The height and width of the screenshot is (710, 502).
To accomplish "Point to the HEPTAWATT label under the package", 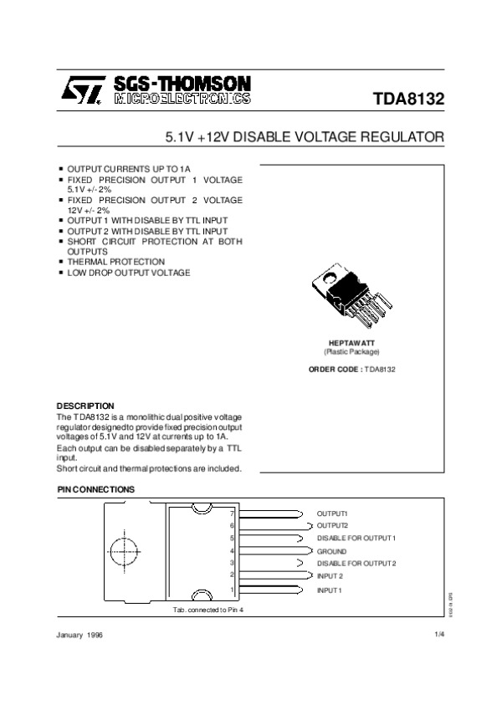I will tap(351, 344).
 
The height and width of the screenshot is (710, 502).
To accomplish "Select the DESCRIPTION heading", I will tap(85, 406).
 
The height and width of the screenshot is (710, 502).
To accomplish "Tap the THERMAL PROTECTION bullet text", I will tap(115, 262).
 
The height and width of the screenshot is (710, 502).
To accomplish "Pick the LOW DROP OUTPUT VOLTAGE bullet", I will tap(128, 273).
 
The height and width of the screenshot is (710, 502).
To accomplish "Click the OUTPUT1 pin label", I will tap(331, 513).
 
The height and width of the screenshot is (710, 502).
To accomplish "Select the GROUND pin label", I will tap(331, 552).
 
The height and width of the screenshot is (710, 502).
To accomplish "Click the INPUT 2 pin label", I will tap(330, 576).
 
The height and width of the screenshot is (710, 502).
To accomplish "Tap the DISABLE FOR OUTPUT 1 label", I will tap(356, 538).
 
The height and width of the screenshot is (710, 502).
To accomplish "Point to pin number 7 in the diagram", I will tap(233, 512).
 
